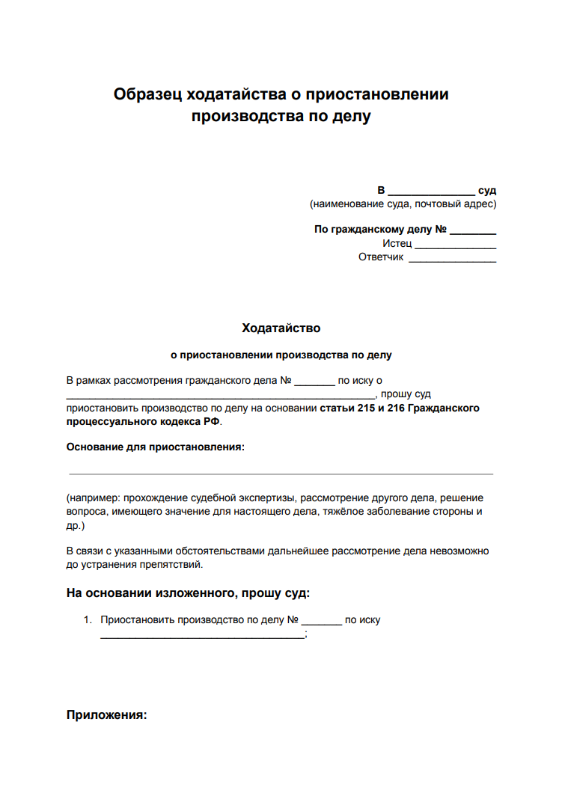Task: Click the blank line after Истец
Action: (455, 247)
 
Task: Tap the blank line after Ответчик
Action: (452, 261)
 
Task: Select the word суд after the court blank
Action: (487, 191)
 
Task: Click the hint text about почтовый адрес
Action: (448, 203)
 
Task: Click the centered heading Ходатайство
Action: (281, 328)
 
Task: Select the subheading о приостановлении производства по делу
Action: (281, 355)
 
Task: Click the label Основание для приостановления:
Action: (155, 447)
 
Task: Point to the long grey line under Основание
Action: (281, 474)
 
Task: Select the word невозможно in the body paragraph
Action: (458, 551)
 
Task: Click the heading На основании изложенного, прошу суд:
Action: (188, 593)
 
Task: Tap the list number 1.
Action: (87, 620)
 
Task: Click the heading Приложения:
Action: (106, 714)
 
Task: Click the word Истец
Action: (397, 244)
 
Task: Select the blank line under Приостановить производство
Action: (203, 637)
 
